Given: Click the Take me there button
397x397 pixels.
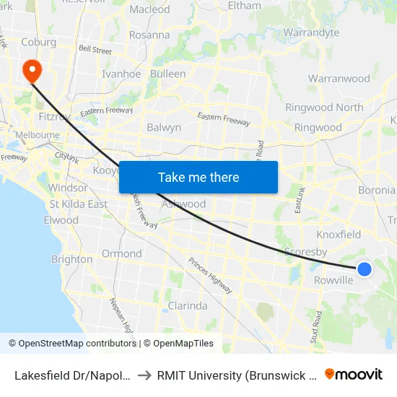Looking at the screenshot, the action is [198, 177].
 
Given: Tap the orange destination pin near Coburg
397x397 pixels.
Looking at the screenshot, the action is [32, 71].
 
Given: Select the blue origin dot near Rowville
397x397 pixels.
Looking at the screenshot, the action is [365, 269].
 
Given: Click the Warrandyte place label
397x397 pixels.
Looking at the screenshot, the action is [311, 32].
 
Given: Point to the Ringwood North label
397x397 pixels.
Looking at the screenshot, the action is [324, 108].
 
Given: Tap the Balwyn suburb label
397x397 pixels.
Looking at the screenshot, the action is [164, 127].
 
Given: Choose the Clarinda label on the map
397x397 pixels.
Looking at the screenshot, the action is [187, 305].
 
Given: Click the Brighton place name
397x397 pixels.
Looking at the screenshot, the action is [72, 259].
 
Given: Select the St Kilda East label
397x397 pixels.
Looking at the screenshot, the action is [78, 204].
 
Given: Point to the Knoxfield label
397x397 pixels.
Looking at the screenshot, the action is [339, 235].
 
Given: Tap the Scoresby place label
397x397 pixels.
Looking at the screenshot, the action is [306, 252].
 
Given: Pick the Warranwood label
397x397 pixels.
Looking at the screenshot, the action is [339, 78].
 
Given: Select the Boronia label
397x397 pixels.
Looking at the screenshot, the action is [377, 191].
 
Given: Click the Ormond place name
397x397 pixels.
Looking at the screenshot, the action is [121, 253].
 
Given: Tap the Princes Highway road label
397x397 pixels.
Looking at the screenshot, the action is [210, 275].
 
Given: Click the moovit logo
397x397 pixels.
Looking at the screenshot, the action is [354, 374].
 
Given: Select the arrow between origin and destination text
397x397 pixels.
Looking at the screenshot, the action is [143, 375].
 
